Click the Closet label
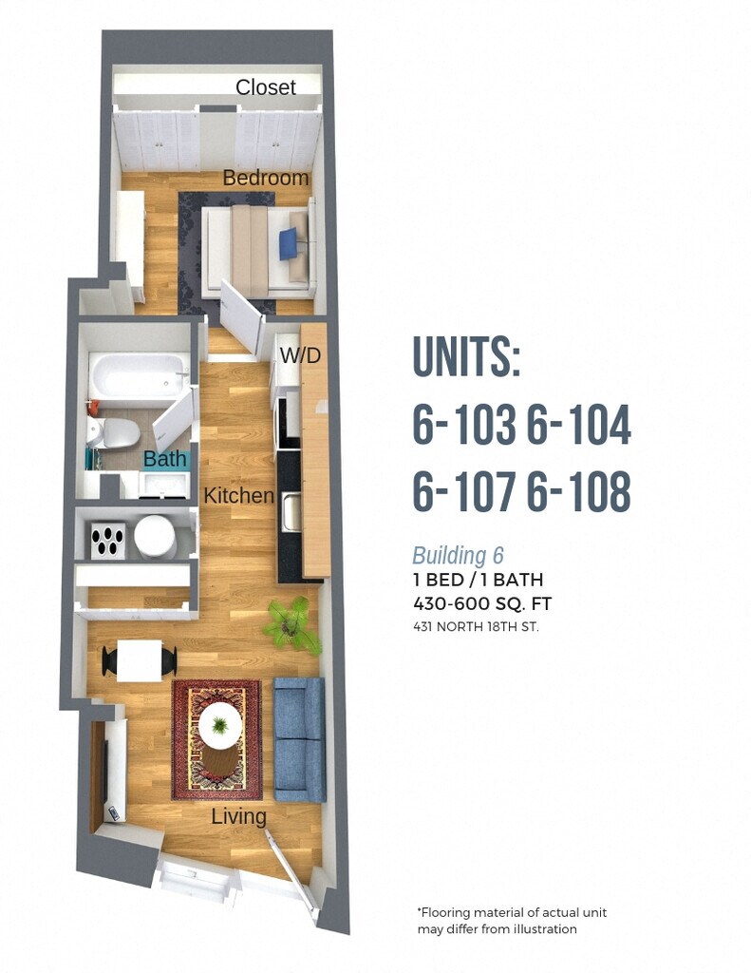click(266, 87)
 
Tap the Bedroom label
click(266, 178)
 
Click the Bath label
click(165, 460)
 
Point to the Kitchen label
click(238, 495)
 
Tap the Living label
click(238, 816)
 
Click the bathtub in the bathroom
click(138, 375)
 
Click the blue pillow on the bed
click(289, 245)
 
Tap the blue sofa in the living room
click(299, 738)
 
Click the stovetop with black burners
click(107, 540)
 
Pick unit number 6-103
click(463, 425)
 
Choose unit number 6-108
click(578, 491)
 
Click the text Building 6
click(458, 556)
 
